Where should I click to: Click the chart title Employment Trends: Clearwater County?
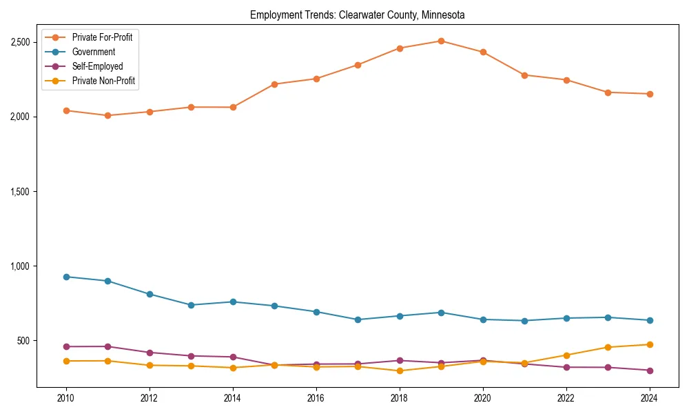pos(357,14)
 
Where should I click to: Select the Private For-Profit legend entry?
pos(102,37)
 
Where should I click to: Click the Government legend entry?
pos(93,52)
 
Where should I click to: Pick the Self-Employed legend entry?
pos(97,66)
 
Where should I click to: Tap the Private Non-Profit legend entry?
pos(103,81)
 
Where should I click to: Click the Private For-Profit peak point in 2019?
pos(441,41)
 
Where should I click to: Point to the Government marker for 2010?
pos(66,277)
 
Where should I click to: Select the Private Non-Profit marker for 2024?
pos(650,344)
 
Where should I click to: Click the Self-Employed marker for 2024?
pos(650,371)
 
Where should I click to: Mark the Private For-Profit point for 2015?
pos(274,84)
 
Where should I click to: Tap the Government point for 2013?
pos(191,305)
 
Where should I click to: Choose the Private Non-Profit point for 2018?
pos(400,371)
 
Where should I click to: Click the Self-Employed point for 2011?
pos(108,346)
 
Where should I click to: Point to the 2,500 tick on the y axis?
pos(21,42)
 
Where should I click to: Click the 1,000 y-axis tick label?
pos(21,266)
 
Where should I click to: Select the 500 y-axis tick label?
pos(24,341)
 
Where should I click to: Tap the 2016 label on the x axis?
pos(316,398)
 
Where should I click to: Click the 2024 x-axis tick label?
pos(650,398)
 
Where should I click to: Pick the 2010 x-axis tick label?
pos(66,398)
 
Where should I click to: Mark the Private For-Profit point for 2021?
pos(524,75)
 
